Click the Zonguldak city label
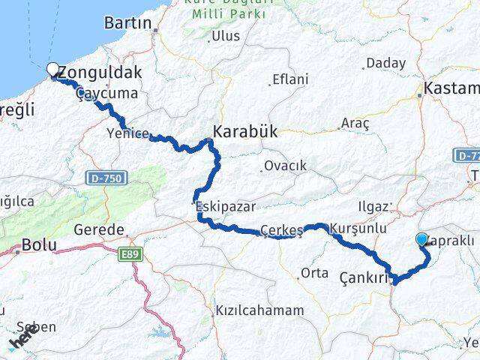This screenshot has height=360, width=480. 100,73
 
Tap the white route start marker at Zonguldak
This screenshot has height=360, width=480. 52,70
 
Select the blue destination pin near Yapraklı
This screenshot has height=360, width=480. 421,240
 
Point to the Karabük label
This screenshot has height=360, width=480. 245,131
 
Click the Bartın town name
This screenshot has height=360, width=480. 128,22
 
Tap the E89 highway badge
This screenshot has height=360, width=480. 131,256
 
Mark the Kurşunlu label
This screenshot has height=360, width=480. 358,227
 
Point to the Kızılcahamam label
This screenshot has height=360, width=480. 259,310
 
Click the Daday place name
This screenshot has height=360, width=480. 385,64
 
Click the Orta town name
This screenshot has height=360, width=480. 314,273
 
